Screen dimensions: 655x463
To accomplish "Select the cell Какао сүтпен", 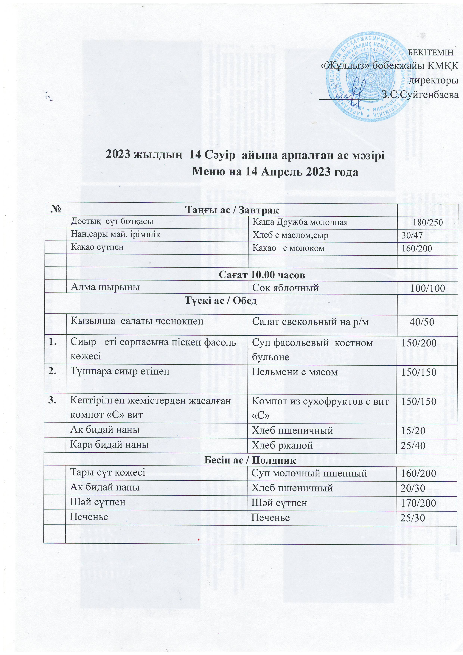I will click(x=97, y=247).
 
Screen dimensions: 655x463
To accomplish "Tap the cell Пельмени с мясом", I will click(x=294, y=372).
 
